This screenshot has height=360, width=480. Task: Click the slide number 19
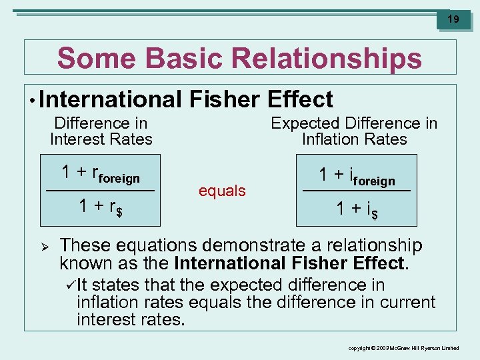click(453, 19)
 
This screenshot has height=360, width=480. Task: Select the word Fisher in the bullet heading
click(225, 99)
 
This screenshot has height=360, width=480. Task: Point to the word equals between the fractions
click(222, 191)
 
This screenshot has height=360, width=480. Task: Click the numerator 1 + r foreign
click(101, 173)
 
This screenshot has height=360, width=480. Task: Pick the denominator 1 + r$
click(101, 207)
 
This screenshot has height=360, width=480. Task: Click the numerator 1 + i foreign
click(357, 176)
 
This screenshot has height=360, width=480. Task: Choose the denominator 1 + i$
click(357, 209)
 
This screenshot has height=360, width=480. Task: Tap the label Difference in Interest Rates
click(101, 131)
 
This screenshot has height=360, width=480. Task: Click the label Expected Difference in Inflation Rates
click(354, 131)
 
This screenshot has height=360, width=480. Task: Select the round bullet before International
click(32, 101)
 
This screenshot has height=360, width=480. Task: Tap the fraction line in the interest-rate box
click(101, 191)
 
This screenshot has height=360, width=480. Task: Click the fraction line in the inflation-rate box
click(357, 192)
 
